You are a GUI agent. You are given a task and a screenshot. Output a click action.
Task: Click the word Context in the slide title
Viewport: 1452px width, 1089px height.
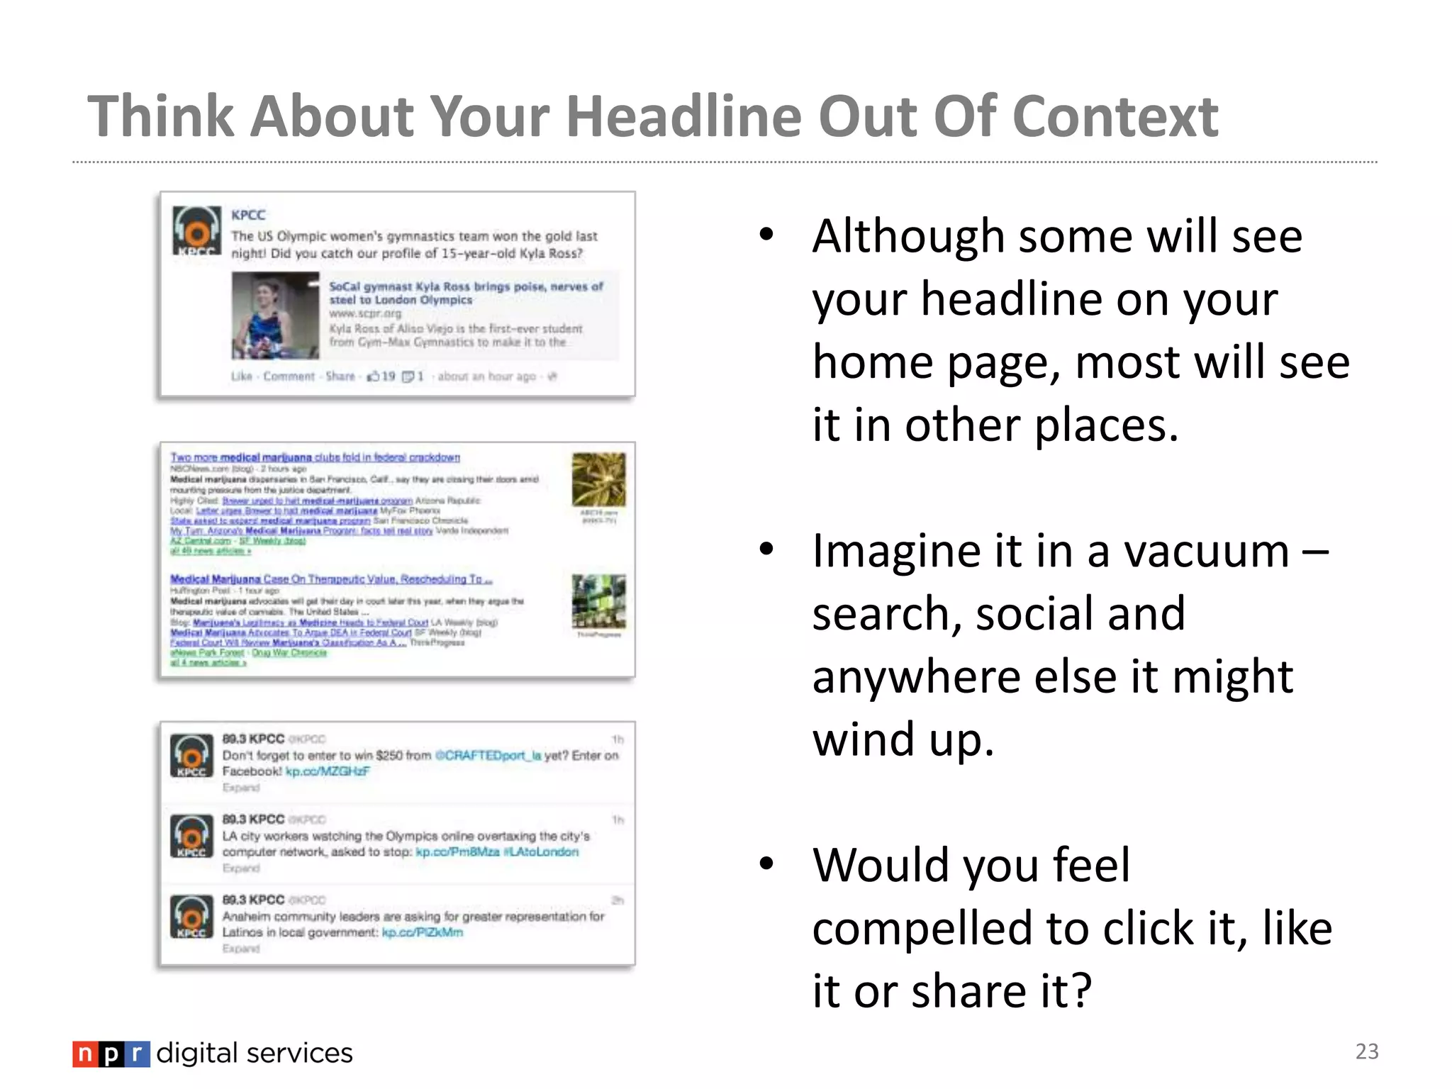click(1115, 116)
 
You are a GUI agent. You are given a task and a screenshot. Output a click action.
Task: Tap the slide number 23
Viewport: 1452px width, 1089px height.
click(1366, 1051)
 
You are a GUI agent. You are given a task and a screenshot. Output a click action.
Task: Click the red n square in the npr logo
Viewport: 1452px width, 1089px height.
click(84, 1054)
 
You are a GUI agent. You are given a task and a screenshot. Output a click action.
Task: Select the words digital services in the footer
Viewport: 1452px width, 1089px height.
click(254, 1054)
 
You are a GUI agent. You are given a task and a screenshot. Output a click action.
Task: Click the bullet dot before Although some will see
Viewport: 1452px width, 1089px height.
click(766, 235)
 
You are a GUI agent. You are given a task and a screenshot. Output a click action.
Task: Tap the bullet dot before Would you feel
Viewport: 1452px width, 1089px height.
click(766, 864)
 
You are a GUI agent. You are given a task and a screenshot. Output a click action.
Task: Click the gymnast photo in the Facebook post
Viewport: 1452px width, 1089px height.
click(275, 315)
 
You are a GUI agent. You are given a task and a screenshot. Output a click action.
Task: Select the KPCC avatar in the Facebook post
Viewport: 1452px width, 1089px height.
click(196, 230)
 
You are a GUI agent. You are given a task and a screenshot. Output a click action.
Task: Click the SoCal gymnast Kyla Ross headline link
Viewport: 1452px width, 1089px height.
click(465, 293)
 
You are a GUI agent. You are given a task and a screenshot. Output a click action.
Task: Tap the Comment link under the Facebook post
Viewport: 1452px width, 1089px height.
click(289, 376)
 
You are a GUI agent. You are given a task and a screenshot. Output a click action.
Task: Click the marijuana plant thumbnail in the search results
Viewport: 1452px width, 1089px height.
click(598, 479)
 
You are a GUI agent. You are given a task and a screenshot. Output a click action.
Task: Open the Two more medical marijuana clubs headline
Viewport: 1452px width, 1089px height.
click(315, 457)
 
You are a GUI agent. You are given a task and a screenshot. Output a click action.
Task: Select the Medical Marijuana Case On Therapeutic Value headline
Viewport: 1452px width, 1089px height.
click(330, 579)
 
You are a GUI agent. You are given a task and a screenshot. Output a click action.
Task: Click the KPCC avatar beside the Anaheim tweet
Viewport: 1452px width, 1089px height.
click(191, 916)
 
